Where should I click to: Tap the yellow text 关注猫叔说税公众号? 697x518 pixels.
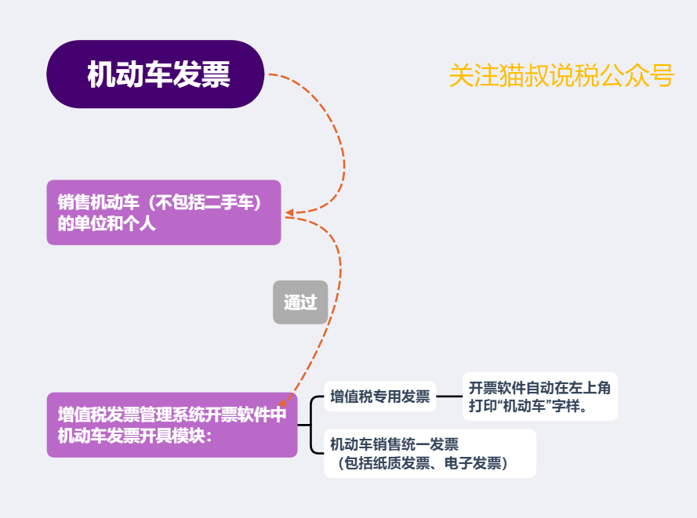(x=561, y=76)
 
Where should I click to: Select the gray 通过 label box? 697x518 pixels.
(x=300, y=302)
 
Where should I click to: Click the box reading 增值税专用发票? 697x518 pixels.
(x=379, y=397)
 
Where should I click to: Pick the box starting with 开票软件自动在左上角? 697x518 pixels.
(x=539, y=397)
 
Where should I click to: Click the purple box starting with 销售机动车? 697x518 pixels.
(x=163, y=212)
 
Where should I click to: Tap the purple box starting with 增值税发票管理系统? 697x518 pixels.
(x=172, y=425)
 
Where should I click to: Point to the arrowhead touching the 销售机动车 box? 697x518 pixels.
(x=289, y=213)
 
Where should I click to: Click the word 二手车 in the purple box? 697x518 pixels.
(x=228, y=203)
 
